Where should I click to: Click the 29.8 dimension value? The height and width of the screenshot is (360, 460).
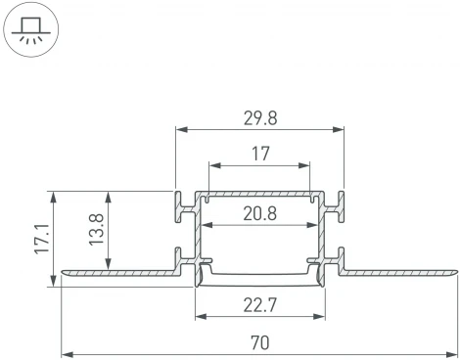pos(258,117)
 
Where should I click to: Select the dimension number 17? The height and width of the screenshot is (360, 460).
pos(258,153)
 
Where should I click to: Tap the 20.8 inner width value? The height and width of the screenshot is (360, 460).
pos(258,213)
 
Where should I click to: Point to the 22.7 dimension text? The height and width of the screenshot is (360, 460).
pos(258,305)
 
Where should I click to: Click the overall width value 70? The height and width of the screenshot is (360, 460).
pos(258,342)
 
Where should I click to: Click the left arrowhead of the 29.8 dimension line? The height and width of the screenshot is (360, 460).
pos(178,128)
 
